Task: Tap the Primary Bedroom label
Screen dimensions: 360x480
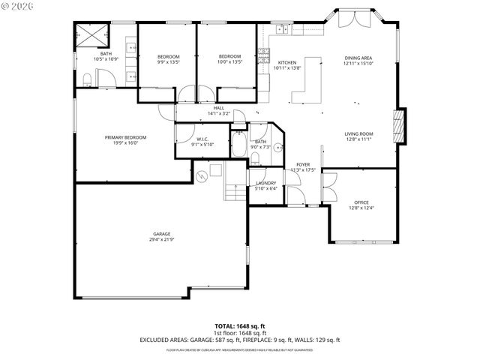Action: click(125, 137)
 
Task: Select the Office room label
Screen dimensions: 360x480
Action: click(362, 202)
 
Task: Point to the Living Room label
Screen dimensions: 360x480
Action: click(359, 134)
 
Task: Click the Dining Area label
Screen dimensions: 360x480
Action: click(358, 58)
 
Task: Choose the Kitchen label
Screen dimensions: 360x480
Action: click(288, 63)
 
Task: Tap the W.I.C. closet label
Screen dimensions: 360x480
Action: click(202, 139)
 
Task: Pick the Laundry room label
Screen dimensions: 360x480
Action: click(266, 183)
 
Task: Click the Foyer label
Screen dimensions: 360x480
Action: click(303, 164)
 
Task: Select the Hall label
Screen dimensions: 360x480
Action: click(218, 108)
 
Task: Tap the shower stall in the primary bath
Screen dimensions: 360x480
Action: click(92, 34)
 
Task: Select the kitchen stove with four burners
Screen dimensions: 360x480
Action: click(263, 55)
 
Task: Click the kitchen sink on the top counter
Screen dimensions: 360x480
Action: click(281, 30)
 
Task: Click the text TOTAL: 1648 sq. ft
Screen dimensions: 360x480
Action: click(239, 326)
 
